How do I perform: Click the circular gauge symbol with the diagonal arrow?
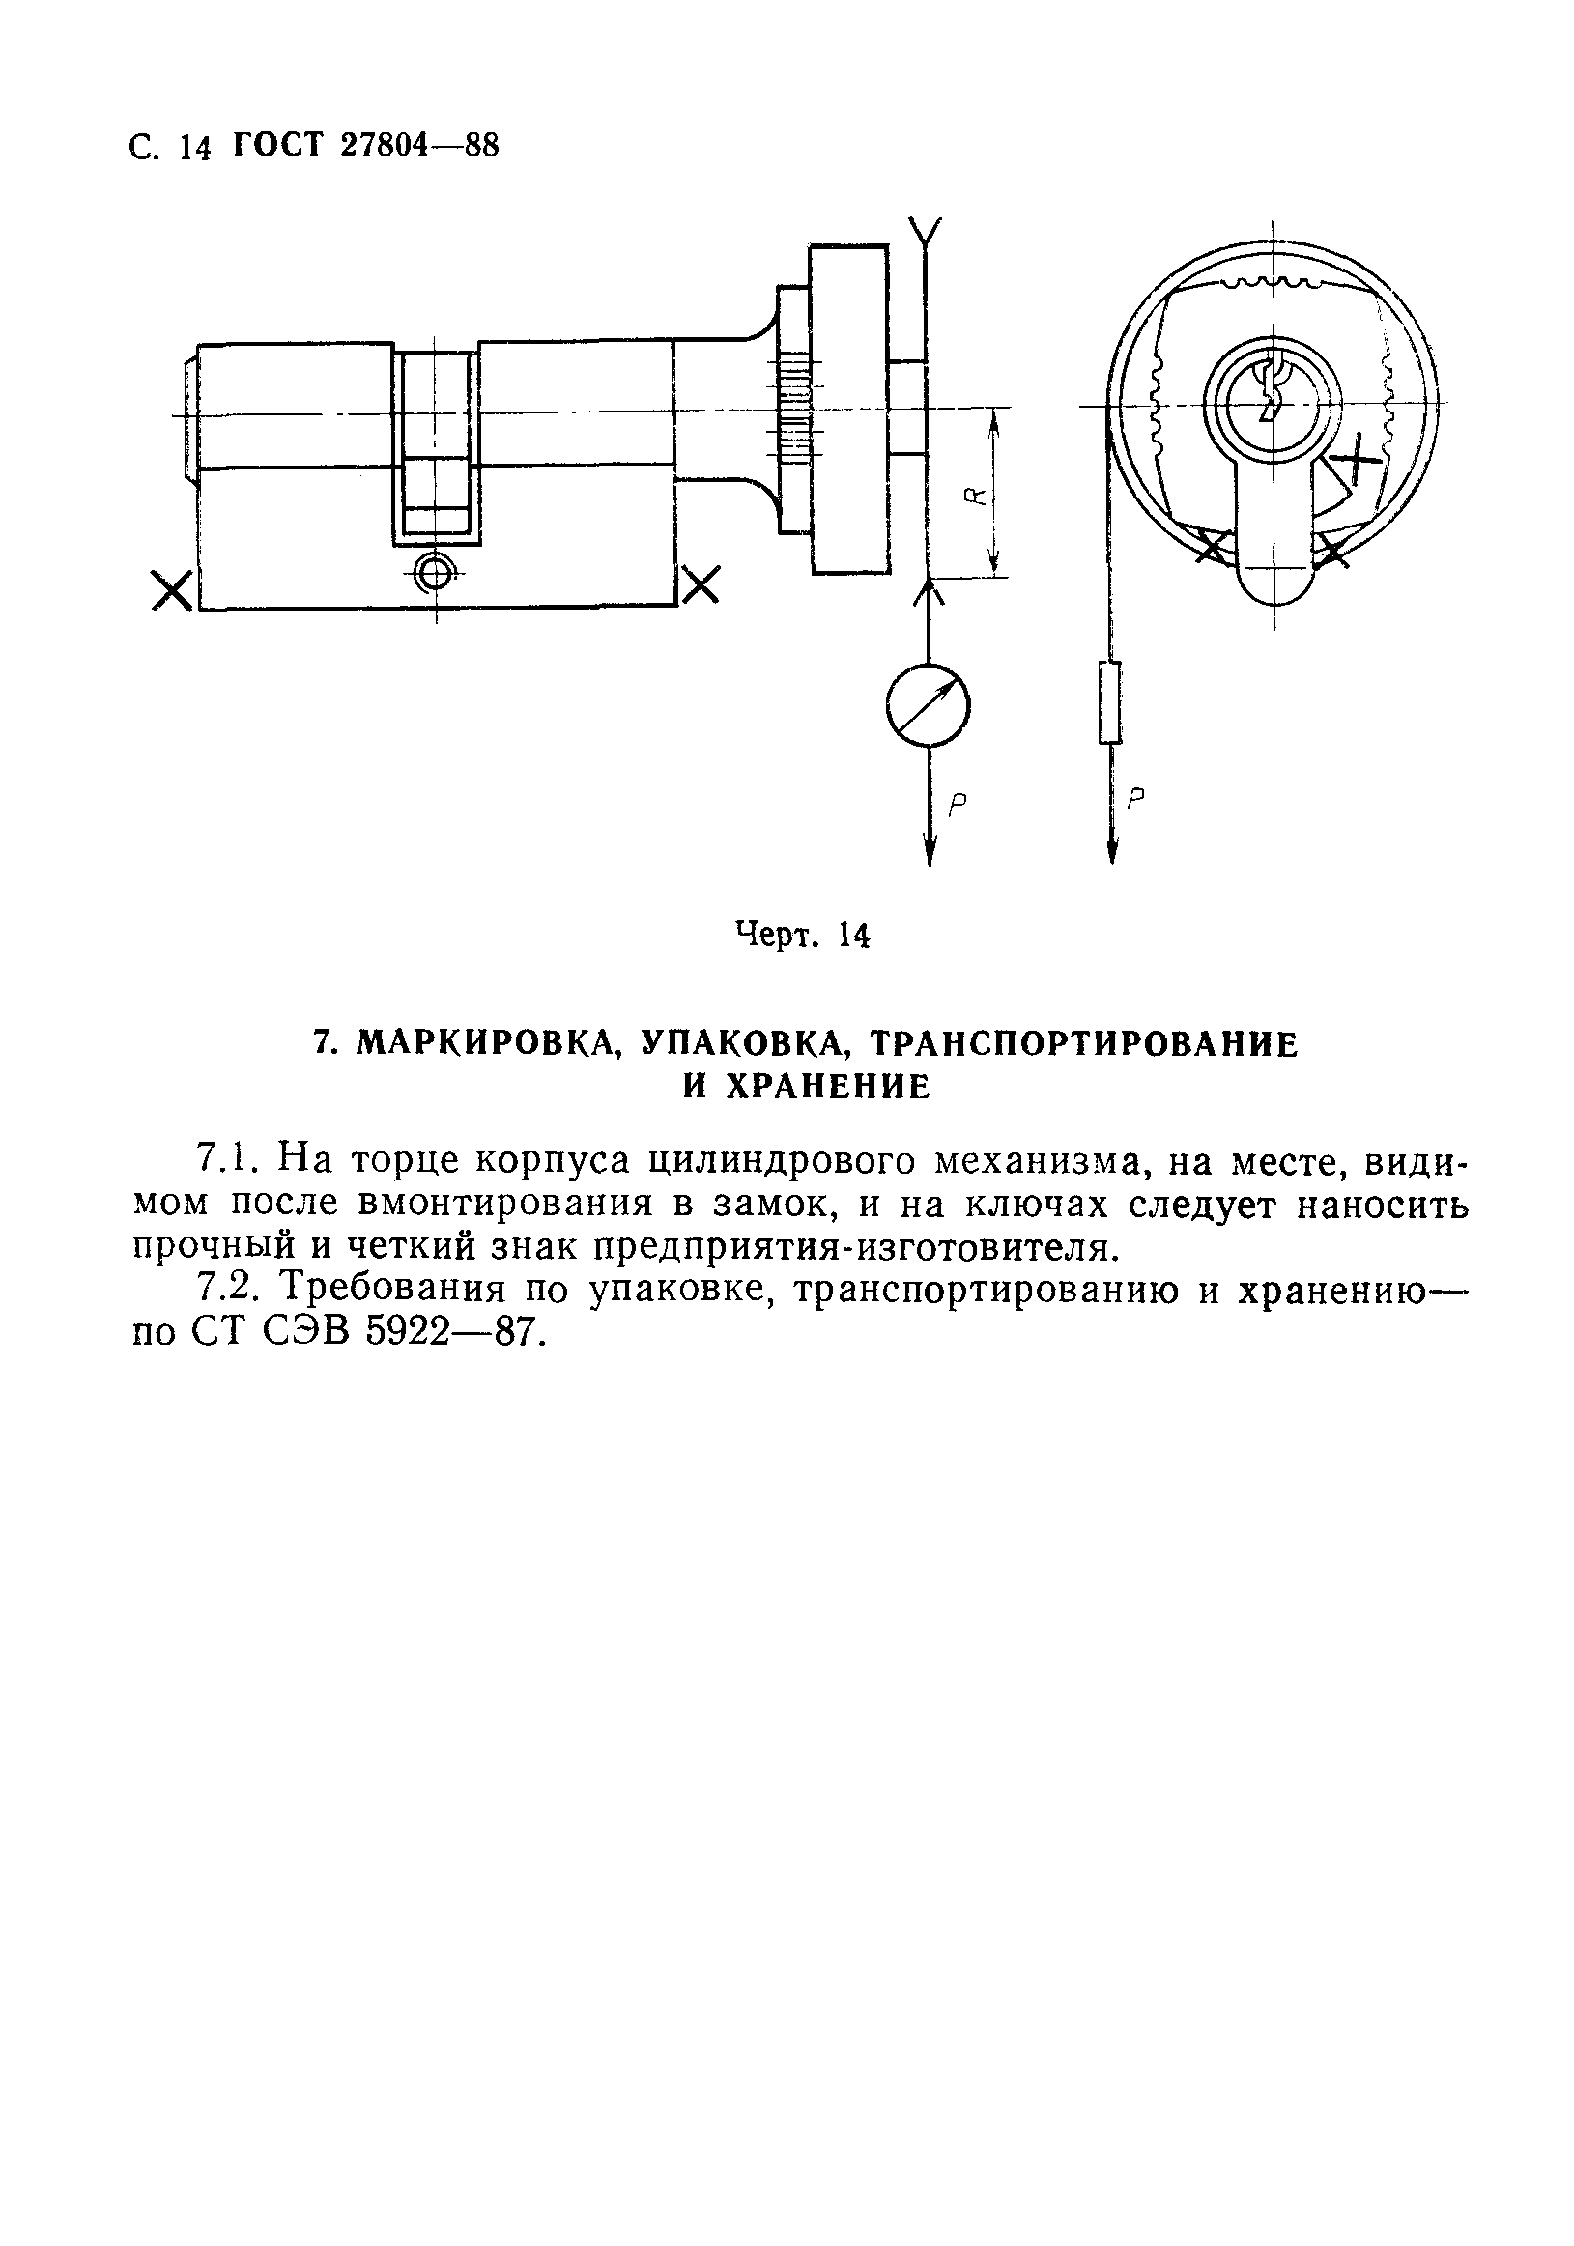click(x=928, y=705)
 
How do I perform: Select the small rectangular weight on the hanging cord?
click(x=1109, y=702)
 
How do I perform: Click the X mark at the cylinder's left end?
click(x=172, y=591)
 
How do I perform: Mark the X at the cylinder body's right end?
click(x=701, y=585)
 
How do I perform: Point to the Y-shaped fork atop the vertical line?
click(x=925, y=232)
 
